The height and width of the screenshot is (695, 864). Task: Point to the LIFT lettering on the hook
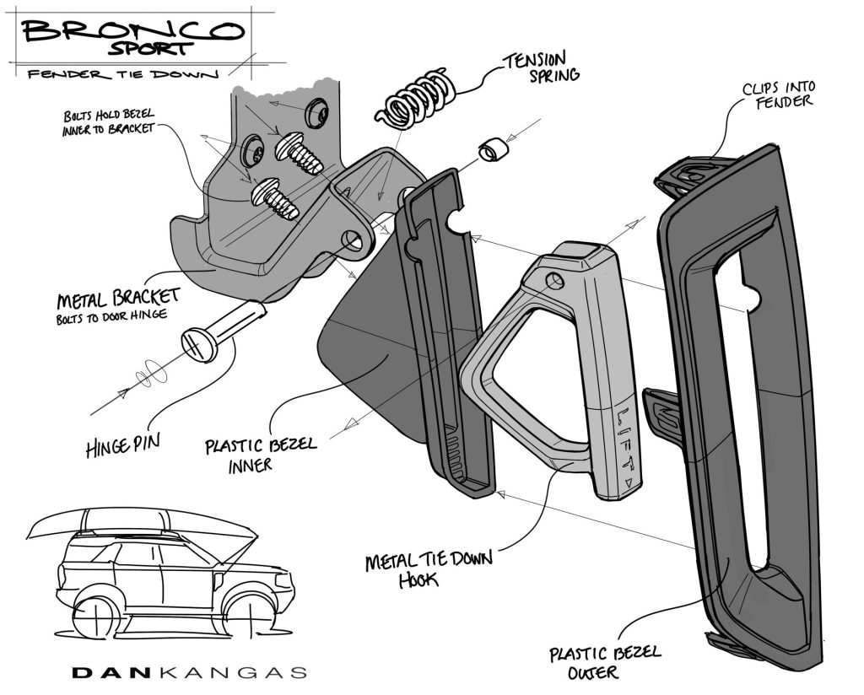click(625, 442)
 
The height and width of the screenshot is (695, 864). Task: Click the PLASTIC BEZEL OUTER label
click(605, 663)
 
